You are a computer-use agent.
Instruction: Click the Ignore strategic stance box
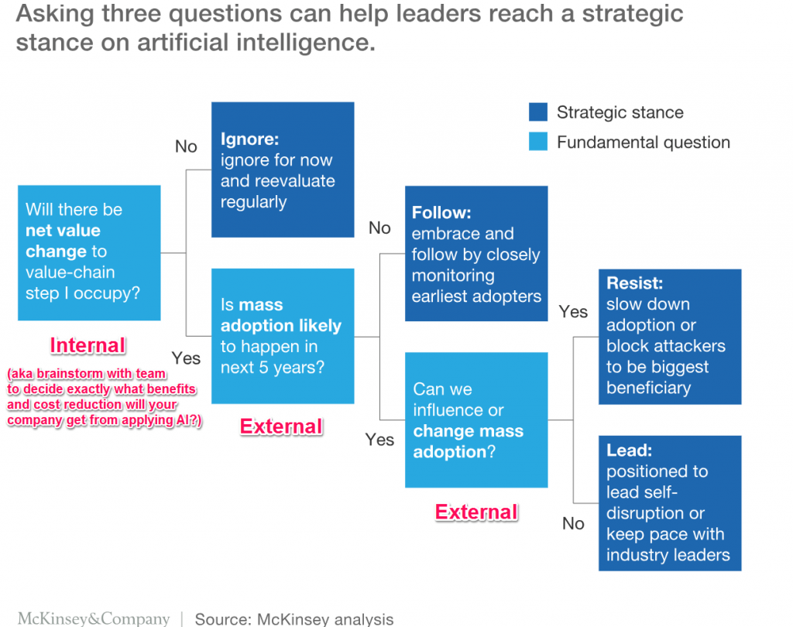(283, 170)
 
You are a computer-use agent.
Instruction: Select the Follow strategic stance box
(476, 253)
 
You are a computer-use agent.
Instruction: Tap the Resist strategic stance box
(670, 336)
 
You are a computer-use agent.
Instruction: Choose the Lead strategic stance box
(670, 503)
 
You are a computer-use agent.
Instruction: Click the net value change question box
(89, 252)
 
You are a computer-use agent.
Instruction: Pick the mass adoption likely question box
(283, 336)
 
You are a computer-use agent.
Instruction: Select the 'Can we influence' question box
(476, 420)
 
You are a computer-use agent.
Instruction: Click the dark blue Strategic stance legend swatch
(538, 112)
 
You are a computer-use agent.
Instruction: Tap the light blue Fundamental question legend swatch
(538, 142)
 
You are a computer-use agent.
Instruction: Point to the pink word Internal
(88, 345)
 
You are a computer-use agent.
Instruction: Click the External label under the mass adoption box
(281, 426)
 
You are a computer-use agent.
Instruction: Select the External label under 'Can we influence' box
(476, 512)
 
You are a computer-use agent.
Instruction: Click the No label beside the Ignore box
(186, 146)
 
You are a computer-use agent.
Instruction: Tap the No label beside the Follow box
(379, 228)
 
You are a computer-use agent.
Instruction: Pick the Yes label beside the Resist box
(573, 311)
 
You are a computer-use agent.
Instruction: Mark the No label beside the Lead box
(573, 524)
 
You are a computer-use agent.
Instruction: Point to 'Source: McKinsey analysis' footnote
(294, 618)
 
